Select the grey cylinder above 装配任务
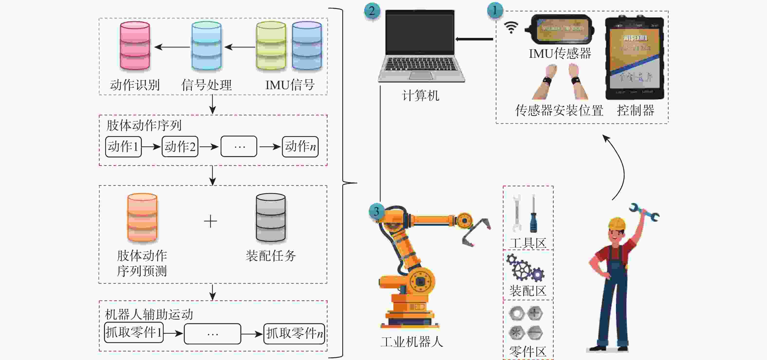(x=271, y=217)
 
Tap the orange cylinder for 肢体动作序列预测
(x=142, y=217)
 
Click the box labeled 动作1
(x=123, y=146)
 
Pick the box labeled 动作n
(x=300, y=146)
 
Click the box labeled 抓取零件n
(x=294, y=333)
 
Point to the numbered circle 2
(x=372, y=11)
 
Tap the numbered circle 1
(x=495, y=10)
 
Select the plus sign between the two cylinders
(x=211, y=221)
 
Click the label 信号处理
(x=206, y=85)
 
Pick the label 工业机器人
(x=412, y=341)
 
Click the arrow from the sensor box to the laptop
(x=474, y=39)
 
